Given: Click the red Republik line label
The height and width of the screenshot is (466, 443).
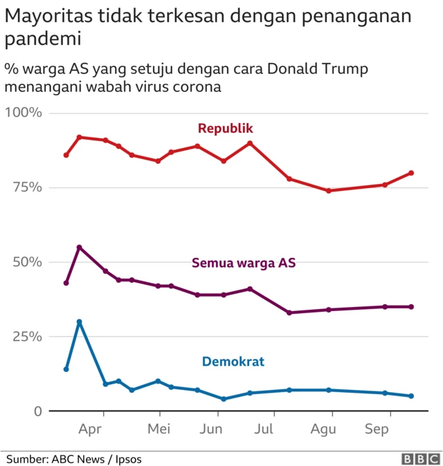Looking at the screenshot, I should click(x=226, y=128).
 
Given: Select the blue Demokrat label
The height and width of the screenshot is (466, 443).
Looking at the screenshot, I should click(x=233, y=361).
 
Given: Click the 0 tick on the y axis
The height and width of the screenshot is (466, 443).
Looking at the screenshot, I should click(x=37, y=411).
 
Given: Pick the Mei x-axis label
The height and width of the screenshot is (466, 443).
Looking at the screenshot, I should click(x=159, y=429).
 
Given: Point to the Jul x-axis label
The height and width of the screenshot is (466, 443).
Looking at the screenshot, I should click(x=264, y=429).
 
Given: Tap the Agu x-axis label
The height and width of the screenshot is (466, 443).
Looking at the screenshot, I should click(x=323, y=429).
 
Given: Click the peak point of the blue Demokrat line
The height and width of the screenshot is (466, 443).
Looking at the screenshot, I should click(x=80, y=321).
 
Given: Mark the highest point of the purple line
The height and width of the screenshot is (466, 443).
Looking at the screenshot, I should click(x=80, y=247).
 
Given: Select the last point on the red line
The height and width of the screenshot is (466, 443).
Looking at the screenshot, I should click(x=411, y=173).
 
